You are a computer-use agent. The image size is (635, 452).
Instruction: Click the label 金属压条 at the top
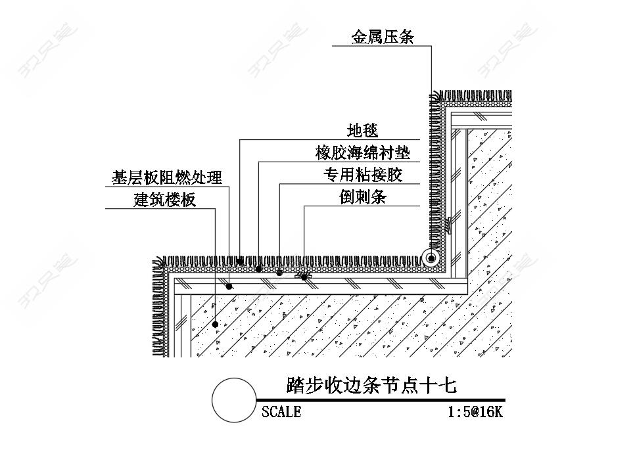point(383,37)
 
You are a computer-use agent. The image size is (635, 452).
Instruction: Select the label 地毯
point(363,130)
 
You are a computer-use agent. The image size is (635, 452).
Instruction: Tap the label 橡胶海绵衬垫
point(363,153)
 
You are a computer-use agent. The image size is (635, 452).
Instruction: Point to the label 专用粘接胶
point(362,175)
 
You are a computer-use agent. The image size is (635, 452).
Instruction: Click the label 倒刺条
point(362,196)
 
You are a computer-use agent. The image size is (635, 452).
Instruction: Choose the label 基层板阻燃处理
point(166,177)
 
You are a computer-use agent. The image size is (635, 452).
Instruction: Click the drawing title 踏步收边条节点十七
point(371,384)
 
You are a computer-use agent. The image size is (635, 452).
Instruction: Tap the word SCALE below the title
point(281,412)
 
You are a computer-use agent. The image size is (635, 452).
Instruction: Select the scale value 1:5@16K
point(475,412)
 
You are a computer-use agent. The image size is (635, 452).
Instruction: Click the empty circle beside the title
point(233,400)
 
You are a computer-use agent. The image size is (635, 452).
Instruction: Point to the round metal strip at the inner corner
point(431,258)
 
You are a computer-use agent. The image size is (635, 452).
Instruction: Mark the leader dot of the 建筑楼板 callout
point(216,325)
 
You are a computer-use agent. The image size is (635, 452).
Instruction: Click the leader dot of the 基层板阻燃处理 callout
point(229,286)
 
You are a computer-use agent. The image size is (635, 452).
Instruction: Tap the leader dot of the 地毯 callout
point(239,261)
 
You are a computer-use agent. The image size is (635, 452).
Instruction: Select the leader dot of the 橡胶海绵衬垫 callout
point(258,269)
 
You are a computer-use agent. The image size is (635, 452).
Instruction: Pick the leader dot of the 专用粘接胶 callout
point(279,272)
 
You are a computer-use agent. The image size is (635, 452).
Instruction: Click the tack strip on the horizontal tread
point(304,276)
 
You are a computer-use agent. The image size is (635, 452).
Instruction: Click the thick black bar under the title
point(381,399)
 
